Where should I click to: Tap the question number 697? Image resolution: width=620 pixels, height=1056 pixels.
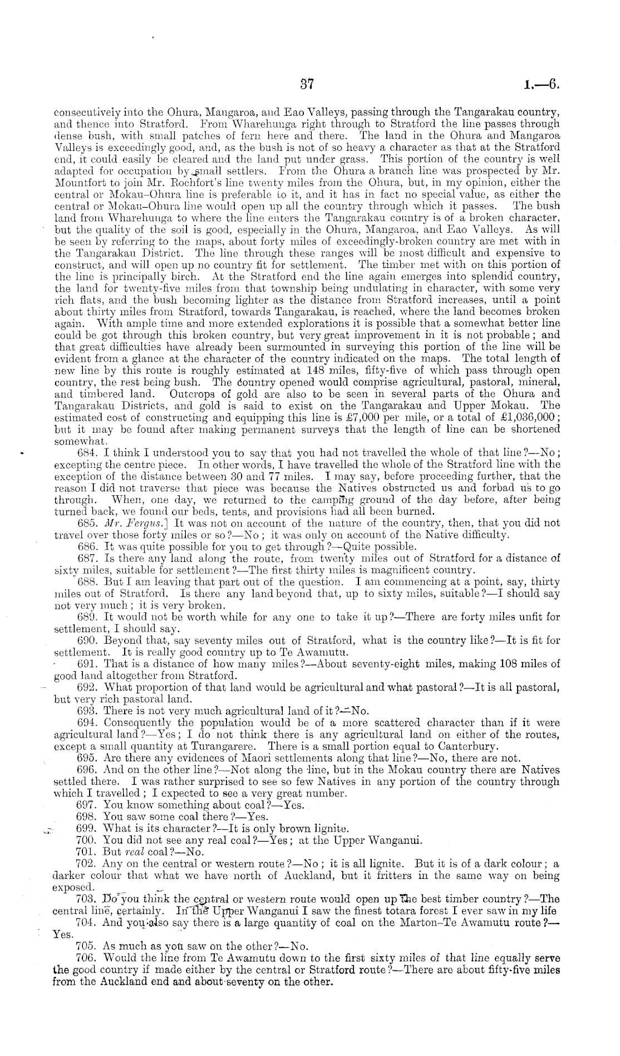pyautogui.click(x=85, y=805)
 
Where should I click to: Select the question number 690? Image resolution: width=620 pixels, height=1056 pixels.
pyautogui.click(x=85, y=641)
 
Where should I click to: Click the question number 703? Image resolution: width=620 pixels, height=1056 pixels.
pyautogui.click(x=85, y=899)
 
